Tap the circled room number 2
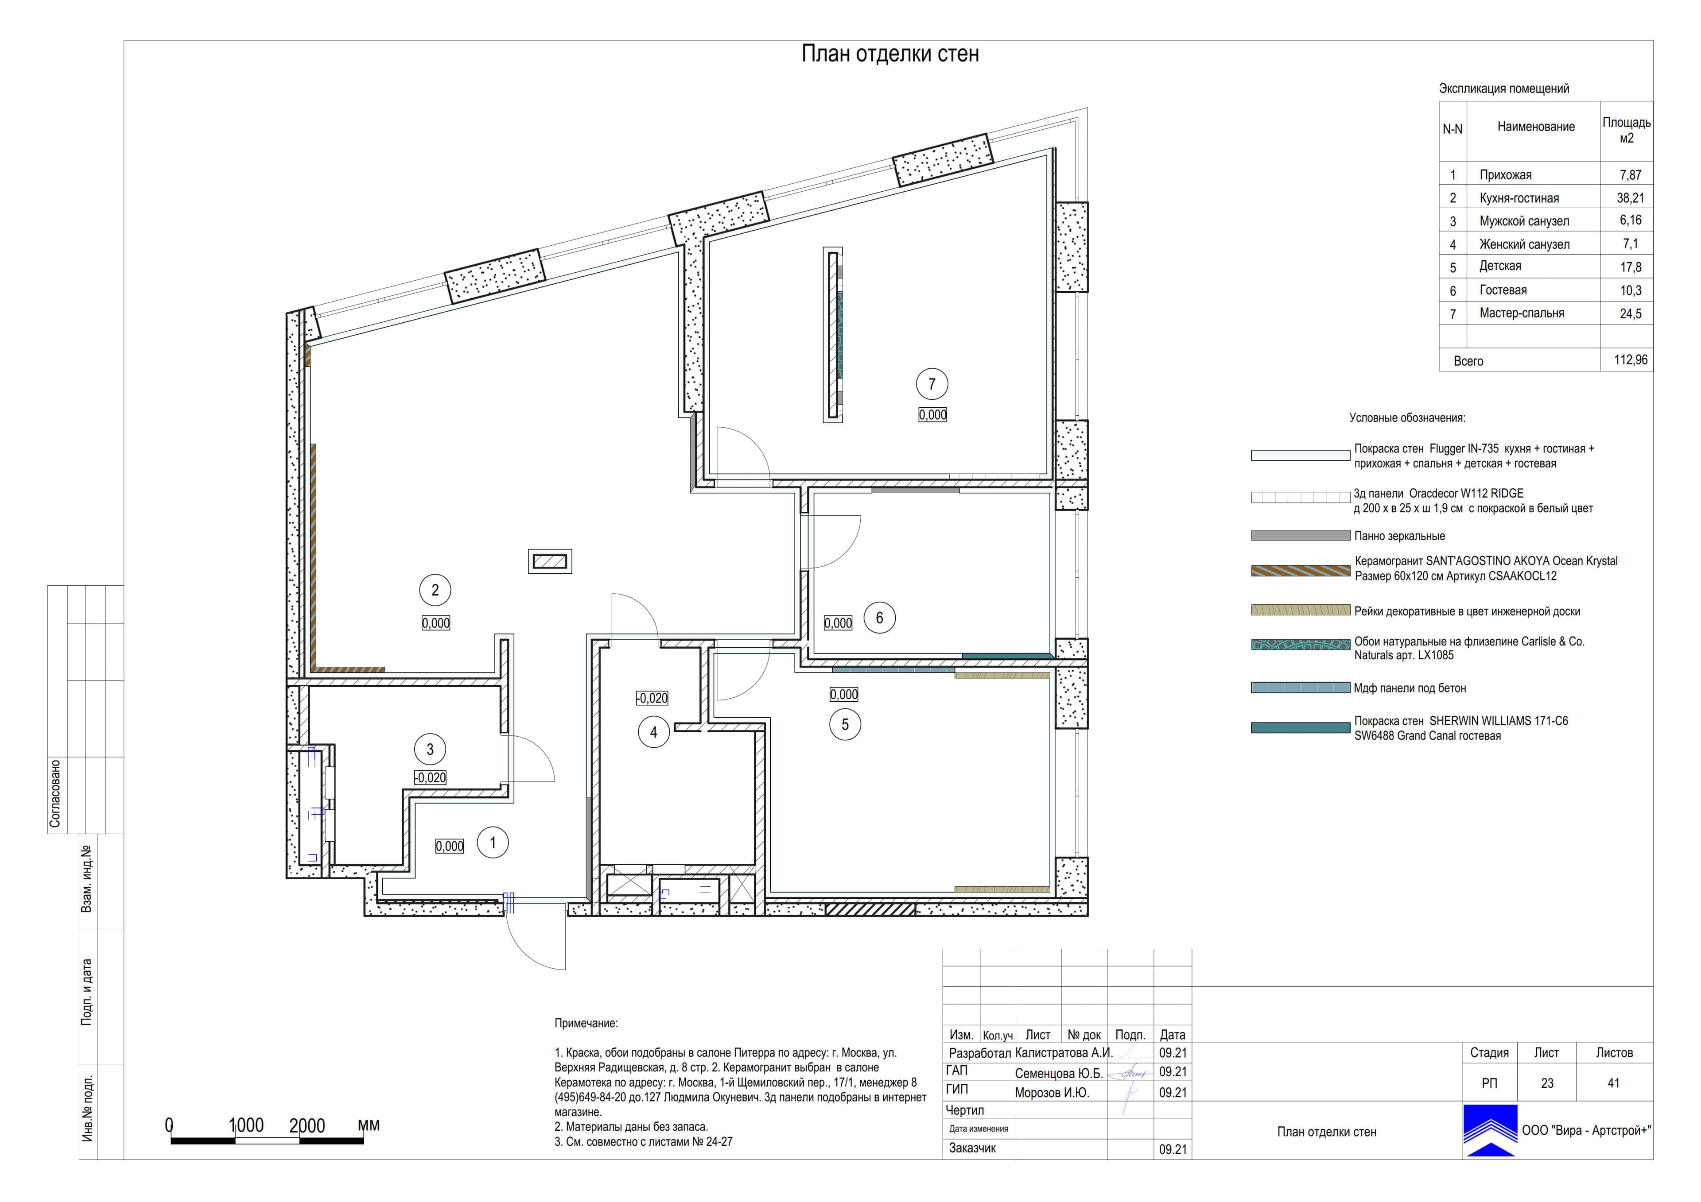click(x=435, y=590)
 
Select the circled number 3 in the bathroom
click(x=430, y=750)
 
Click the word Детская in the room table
click(x=1500, y=266)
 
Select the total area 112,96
click(x=1631, y=360)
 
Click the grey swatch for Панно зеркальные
click(x=1300, y=535)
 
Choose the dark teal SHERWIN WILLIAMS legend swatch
click(x=1300, y=728)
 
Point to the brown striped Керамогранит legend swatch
click(x=1300, y=570)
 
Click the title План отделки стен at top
click(x=890, y=54)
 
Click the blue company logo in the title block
click(x=1490, y=1130)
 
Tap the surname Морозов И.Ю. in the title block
click(x=1052, y=1092)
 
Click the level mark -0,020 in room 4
click(x=652, y=698)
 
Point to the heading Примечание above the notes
click(x=586, y=1024)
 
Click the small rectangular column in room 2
click(x=550, y=561)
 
